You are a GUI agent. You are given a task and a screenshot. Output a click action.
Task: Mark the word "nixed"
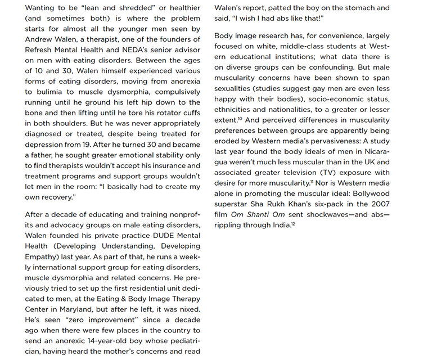pos(188,309)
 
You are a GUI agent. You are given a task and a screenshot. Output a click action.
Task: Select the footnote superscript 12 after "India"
pos(293,223)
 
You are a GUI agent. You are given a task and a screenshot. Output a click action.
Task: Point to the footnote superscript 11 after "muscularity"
pos(312,182)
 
